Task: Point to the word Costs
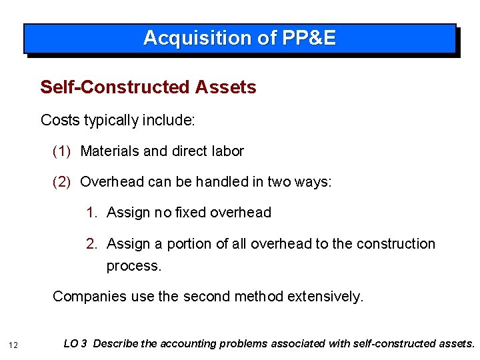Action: pyautogui.click(x=59, y=121)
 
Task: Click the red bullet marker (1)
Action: pyautogui.click(x=61, y=151)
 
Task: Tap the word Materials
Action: pyautogui.click(x=109, y=151)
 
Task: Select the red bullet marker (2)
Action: pyautogui.click(x=61, y=182)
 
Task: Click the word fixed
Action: pyautogui.click(x=191, y=213)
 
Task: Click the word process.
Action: pyautogui.click(x=133, y=266)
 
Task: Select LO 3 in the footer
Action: pyautogui.click(x=75, y=344)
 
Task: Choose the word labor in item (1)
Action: pyautogui.click(x=229, y=151)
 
